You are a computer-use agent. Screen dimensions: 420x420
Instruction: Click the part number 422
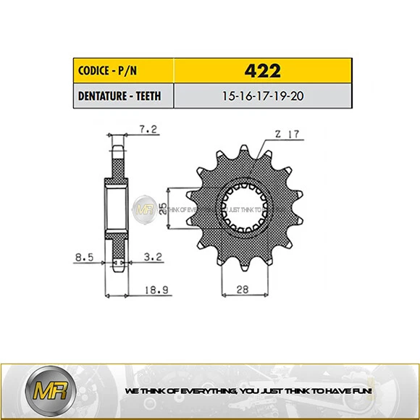262,72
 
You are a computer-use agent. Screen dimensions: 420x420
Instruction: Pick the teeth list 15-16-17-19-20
262,96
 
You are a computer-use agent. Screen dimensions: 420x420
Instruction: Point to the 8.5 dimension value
85,256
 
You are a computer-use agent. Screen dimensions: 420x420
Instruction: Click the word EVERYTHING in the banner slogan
203,391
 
